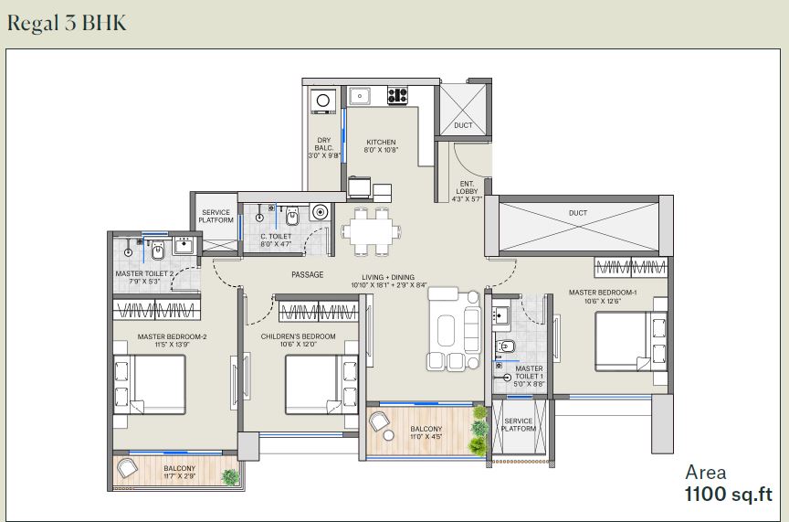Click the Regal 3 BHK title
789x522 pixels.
tap(67, 24)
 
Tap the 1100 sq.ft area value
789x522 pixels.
tap(728, 494)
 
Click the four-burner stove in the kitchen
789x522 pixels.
tap(397, 95)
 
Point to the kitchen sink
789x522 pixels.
tap(361, 95)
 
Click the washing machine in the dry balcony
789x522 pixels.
tap(323, 101)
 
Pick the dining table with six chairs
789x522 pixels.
tap(372, 232)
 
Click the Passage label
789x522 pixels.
tap(308, 274)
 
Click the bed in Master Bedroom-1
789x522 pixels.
tap(631, 342)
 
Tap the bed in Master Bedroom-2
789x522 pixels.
tap(150, 385)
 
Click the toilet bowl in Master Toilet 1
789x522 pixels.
tap(505, 346)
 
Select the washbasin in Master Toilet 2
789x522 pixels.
tap(183, 246)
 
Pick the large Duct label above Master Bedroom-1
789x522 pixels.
tap(578, 213)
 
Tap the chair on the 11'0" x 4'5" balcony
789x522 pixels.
tap(378, 421)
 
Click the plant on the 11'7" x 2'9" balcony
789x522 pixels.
tap(230, 476)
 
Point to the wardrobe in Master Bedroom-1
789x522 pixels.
tap(631, 267)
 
